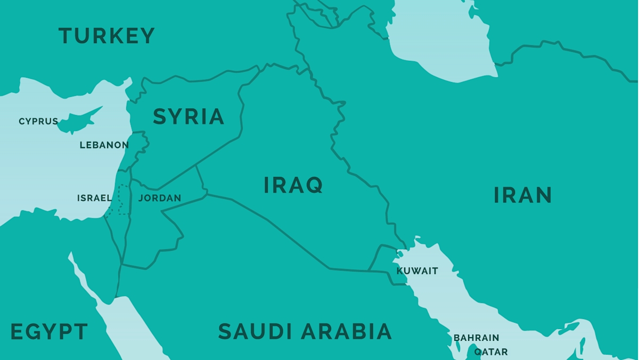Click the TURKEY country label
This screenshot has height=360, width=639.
pyautogui.click(x=106, y=36)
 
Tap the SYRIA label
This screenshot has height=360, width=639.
pyautogui.click(x=189, y=117)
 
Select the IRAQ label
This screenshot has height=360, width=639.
pyautogui.click(x=293, y=185)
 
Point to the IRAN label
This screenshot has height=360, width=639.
pyautogui.click(x=522, y=195)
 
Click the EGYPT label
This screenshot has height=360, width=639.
pyautogui.click(x=49, y=332)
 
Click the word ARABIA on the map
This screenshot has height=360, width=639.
pyautogui.click(x=347, y=331)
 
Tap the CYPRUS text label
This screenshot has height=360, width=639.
pyautogui.click(x=38, y=121)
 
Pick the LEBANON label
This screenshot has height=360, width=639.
pyautogui.click(x=104, y=145)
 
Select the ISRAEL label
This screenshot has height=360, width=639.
pyautogui.click(x=94, y=198)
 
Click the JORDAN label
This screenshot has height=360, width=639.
pyautogui.click(x=160, y=198)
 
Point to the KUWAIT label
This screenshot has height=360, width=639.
pyautogui.click(x=417, y=271)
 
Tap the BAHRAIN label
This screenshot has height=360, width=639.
pyautogui.click(x=476, y=338)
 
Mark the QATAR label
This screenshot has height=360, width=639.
pyautogui.click(x=491, y=351)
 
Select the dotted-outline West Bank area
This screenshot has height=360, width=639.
pyautogui.click(x=124, y=200)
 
